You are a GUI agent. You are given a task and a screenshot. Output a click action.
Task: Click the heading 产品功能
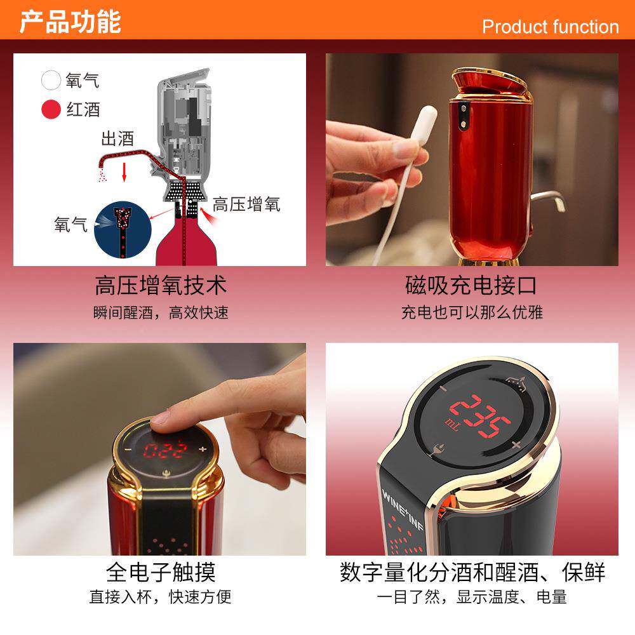70,21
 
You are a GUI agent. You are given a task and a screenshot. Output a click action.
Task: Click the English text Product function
550,27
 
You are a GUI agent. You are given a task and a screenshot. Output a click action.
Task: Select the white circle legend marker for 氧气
50,81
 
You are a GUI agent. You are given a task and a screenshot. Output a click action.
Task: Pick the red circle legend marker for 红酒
50,109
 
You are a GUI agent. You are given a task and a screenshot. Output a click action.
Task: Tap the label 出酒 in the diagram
117,138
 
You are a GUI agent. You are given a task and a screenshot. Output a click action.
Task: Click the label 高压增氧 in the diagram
246,204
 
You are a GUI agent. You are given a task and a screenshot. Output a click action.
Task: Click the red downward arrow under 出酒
125,171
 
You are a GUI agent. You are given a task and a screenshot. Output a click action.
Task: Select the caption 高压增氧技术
160,285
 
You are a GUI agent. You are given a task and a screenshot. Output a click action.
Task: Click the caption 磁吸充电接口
471,285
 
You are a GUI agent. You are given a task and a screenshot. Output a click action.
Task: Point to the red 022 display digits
165,451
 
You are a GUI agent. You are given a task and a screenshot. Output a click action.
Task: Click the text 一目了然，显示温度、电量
471,597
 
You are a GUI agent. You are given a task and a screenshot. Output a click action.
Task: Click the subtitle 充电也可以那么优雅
471,312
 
